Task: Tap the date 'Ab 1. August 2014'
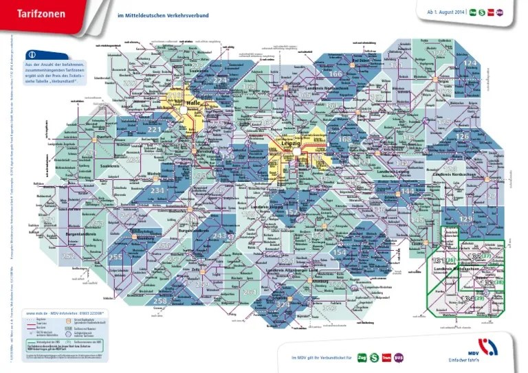446,12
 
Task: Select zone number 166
336,74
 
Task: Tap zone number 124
470,63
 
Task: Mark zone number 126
463,136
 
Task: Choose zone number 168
344,139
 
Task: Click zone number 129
466,218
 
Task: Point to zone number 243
219,236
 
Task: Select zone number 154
339,252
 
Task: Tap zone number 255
115,257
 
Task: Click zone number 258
160,301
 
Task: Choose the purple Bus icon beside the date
499,12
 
